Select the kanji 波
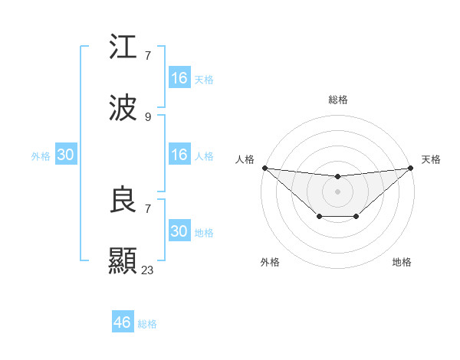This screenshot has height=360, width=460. point(123,109)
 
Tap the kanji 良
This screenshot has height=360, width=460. point(123,201)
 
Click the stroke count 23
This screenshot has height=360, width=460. point(148,270)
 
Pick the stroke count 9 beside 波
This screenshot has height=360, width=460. point(148,116)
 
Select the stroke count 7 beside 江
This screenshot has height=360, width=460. point(148,55)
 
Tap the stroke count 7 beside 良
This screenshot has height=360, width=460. point(148,208)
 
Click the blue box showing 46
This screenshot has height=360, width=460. point(123,322)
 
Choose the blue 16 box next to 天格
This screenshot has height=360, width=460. point(179,78)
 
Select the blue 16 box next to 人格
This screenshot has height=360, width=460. point(179,155)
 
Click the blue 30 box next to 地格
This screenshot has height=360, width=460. point(179,231)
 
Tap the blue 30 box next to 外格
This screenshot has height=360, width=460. point(66,155)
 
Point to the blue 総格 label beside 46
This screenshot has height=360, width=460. point(147,324)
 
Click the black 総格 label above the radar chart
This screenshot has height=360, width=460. point(337,100)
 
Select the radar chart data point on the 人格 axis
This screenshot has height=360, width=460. point(264,168)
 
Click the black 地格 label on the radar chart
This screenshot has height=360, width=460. point(402,262)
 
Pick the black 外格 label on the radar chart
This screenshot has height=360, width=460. point(270,262)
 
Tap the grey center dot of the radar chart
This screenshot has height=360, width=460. point(337,191)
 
